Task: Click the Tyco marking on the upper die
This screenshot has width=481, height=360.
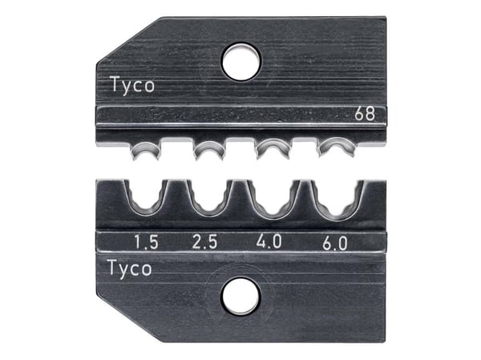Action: [x=132, y=86]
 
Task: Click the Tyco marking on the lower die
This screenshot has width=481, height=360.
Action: [x=130, y=269]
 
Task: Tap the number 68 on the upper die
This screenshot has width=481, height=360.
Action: [x=365, y=114]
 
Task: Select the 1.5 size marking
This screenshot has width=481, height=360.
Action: [x=146, y=242]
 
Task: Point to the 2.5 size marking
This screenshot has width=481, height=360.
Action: [x=205, y=241]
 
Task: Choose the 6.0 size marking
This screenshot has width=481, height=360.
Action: [x=334, y=243]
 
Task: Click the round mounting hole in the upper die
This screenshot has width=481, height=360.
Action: [x=241, y=62]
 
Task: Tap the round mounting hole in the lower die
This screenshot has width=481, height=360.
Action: [x=241, y=296]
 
